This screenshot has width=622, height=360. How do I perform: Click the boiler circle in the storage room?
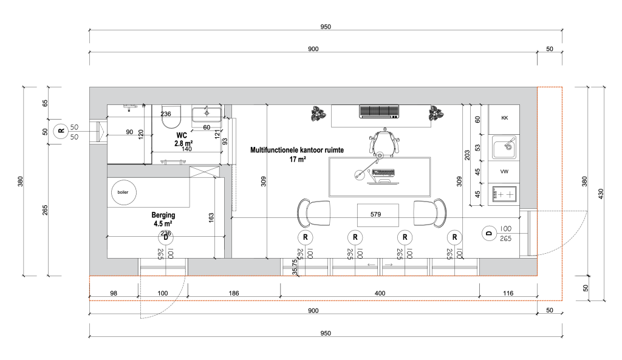123,192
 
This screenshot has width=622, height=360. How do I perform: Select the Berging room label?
163,219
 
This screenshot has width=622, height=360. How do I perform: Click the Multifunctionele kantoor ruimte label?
297,151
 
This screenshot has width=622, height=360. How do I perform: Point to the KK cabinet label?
505,118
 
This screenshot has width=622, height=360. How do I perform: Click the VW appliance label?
504,172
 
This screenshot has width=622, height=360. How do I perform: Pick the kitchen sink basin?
504,147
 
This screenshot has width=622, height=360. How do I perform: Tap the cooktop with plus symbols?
504,194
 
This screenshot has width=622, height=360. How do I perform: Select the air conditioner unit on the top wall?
379,112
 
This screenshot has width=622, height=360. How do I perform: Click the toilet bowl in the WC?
171,117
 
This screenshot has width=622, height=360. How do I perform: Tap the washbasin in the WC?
207,115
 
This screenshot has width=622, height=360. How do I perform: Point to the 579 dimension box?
378,215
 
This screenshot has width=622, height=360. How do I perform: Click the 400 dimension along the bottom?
380,293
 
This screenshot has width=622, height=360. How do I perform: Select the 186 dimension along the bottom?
234,293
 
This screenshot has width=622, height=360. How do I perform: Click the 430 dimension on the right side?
601,194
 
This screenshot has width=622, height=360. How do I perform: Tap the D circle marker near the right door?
489,233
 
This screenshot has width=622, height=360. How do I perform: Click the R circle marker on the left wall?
61,131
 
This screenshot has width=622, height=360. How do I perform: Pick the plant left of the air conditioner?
318,114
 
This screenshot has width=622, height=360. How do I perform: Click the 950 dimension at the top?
326,27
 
